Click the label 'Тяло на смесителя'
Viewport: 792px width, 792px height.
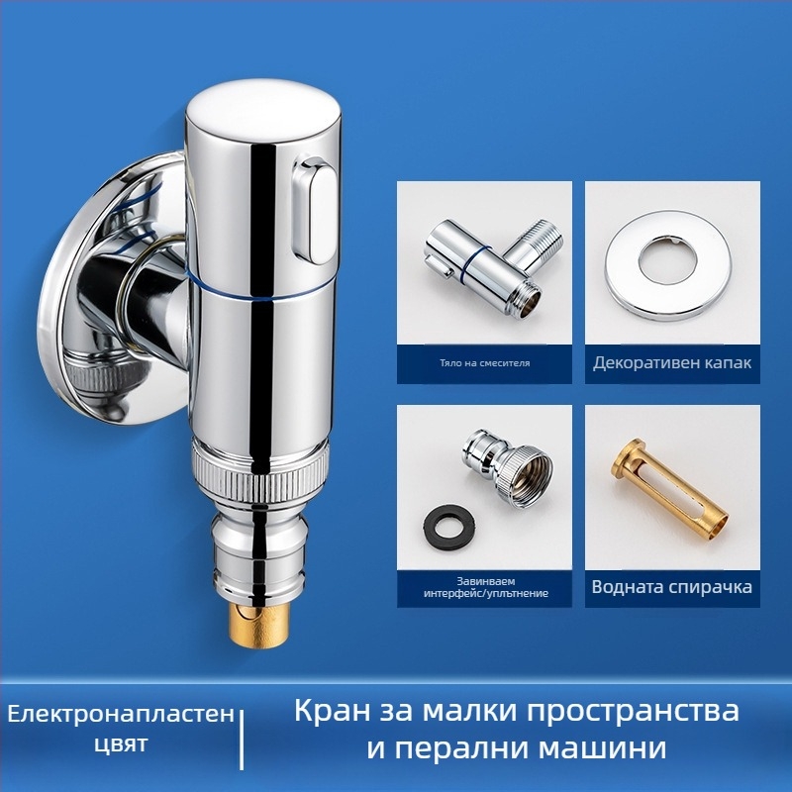click(x=484, y=362)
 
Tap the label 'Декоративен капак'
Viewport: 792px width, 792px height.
click(x=672, y=362)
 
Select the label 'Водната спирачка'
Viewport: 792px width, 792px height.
click(x=672, y=587)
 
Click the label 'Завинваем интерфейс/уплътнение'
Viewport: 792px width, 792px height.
click(x=484, y=586)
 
